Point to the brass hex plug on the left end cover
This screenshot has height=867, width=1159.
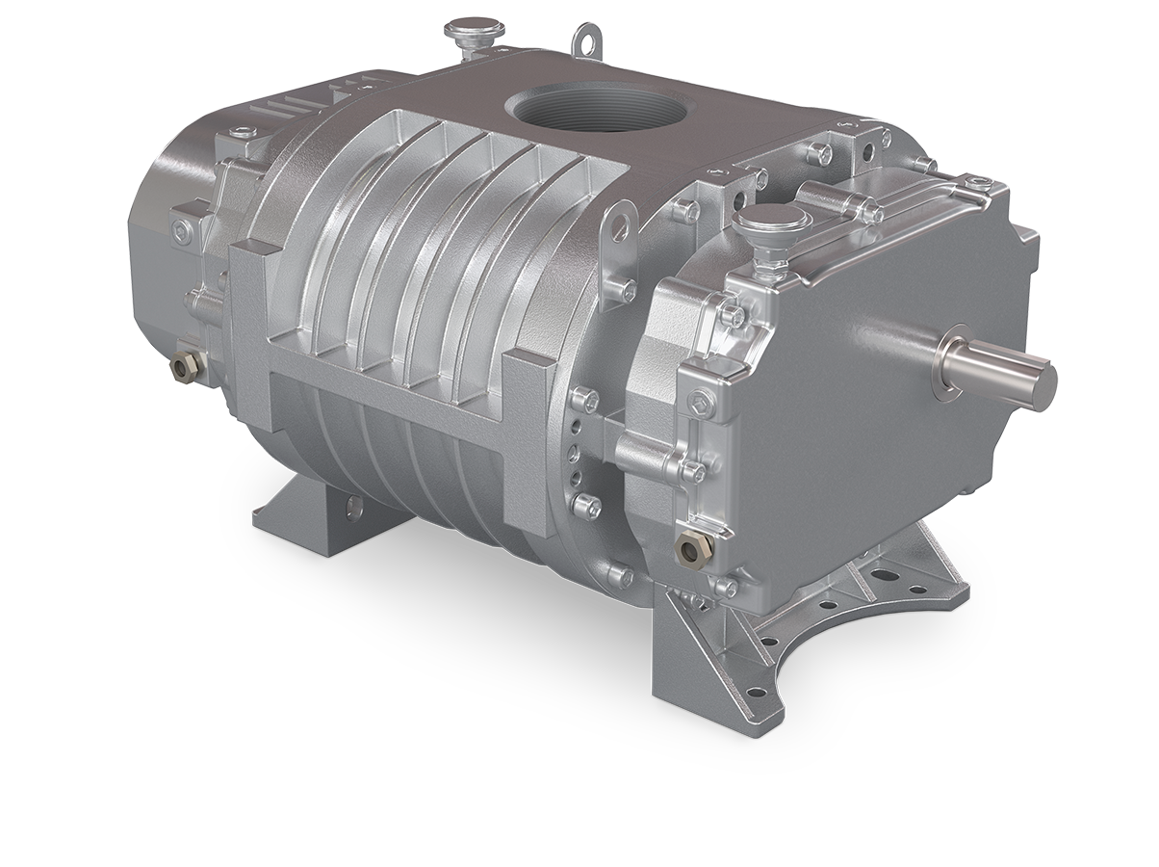tap(185, 365)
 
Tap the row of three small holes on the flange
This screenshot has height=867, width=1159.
tap(575, 453)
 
